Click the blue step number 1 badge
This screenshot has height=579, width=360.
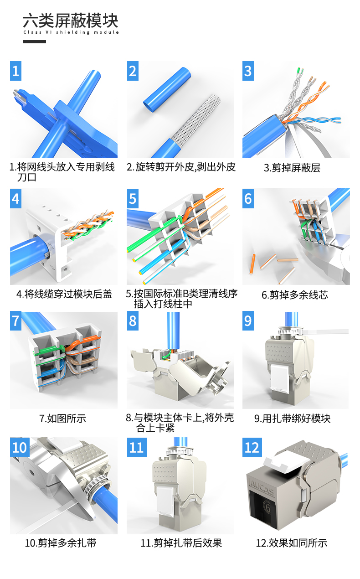pos(15,71)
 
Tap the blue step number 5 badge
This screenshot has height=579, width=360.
pos(133,198)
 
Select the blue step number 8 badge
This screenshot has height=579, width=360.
pos(133,321)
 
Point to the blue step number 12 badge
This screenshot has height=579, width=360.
pos(252,447)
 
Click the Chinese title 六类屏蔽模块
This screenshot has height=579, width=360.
pos(71,21)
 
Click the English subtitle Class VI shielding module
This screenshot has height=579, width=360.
pos(71,32)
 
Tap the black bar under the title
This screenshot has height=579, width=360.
pos(35,41)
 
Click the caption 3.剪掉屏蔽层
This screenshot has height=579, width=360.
pos(292,168)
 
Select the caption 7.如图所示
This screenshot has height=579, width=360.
pos(62,419)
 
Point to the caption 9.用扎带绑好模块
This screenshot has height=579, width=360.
pos(292,419)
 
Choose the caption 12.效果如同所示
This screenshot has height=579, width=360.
pos(292,543)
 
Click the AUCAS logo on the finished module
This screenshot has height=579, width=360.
pos(262,487)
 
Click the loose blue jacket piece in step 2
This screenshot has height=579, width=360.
pos(167,90)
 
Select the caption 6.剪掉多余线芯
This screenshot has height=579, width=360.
pos(295,295)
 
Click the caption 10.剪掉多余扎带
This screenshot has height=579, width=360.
pos(61,543)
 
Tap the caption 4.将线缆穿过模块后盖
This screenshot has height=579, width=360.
pos(64,294)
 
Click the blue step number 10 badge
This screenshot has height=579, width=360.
pos(20,447)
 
